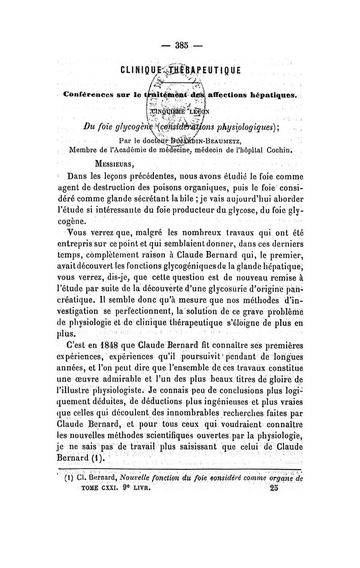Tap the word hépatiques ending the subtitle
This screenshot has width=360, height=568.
click(x=270, y=95)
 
